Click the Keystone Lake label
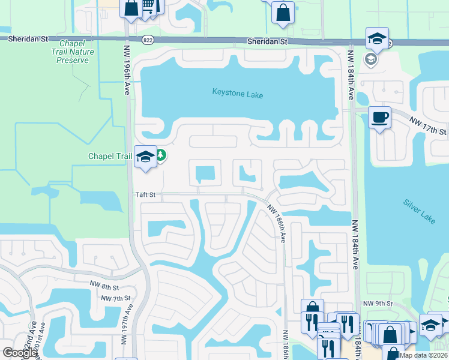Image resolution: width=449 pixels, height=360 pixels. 238,94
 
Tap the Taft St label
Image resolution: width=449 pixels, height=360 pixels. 145,194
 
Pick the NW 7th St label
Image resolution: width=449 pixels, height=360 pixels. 116,298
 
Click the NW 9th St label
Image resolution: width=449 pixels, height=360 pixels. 378,304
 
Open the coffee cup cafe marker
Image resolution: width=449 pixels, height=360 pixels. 379,117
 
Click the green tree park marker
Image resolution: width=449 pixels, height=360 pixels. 161,156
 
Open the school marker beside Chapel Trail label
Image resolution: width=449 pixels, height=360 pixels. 145,157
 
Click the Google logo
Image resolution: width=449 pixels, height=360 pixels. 20,353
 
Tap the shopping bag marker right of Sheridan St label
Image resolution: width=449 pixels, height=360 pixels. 283,12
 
